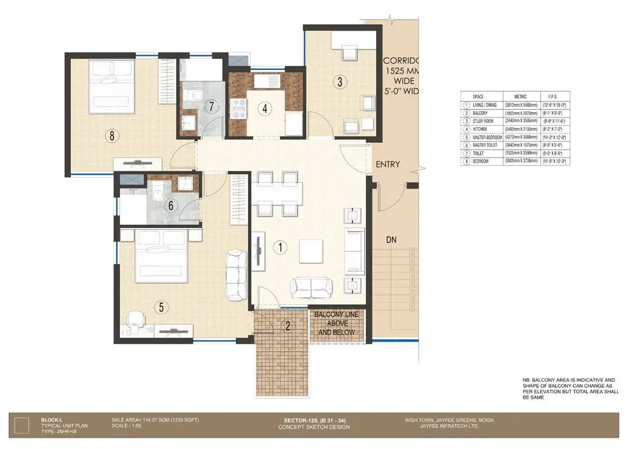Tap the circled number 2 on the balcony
pyautogui.click(x=288, y=326)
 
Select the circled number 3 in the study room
pyautogui.click(x=340, y=81)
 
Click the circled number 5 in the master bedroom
pyautogui.click(x=162, y=307)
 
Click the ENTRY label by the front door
pyautogui.click(x=388, y=164)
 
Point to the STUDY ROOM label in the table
pyautogui.click(x=486, y=121)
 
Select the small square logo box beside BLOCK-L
pyautogui.click(x=22, y=425)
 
